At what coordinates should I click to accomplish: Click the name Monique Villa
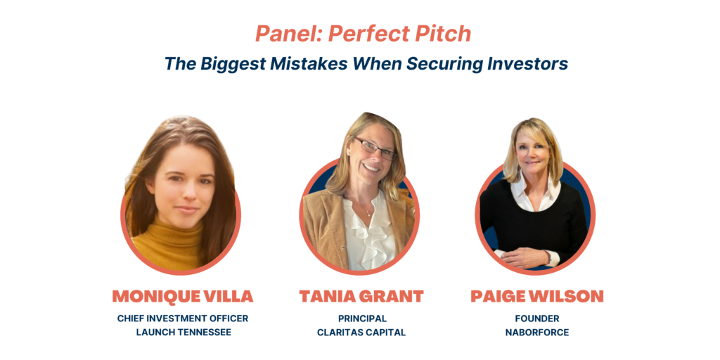click(183, 296)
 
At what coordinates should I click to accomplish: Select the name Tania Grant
click(361, 296)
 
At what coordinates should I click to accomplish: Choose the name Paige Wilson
click(536, 296)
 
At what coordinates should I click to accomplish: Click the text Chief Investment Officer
click(183, 319)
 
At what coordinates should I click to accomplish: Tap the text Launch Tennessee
click(184, 332)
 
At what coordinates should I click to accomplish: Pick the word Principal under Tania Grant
click(362, 319)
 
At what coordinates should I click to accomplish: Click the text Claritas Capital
click(361, 332)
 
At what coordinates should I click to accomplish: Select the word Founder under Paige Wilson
click(537, 319)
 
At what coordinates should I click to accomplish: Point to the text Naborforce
click(537, 332)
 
